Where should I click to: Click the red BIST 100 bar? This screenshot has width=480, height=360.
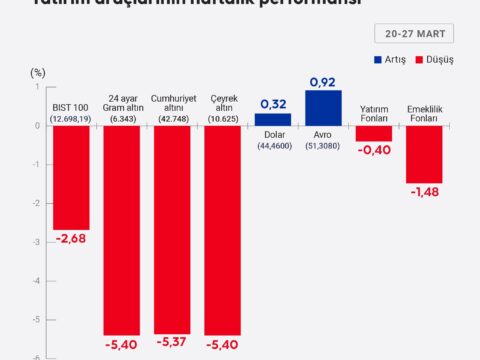click(x=71, y=177)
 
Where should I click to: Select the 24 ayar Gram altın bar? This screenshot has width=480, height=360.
click(x=122, y=230)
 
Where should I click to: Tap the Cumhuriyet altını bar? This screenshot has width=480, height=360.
click(x=172, y=229)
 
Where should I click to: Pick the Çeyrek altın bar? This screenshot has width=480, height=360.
click(x=222, y=230)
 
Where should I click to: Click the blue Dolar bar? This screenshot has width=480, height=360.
click(x=273, y=119)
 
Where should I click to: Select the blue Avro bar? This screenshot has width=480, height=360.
click(x=323, y=108)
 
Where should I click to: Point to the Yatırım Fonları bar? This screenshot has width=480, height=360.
click(x=374, y=133)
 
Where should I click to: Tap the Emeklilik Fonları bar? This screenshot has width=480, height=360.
click(x=424, y=154)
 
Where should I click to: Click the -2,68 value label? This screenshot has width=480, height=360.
click(x=71, y=240)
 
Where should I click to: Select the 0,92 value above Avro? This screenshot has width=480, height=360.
click(x=323, y=80)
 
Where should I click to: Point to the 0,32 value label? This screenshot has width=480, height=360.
click(x=273, y=103)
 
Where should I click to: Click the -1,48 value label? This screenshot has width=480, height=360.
click(x=424, y=193)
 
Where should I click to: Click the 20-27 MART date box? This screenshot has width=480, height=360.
click(x=415, y=33)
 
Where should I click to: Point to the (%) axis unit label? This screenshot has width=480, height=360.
click(x=38, y=72)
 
